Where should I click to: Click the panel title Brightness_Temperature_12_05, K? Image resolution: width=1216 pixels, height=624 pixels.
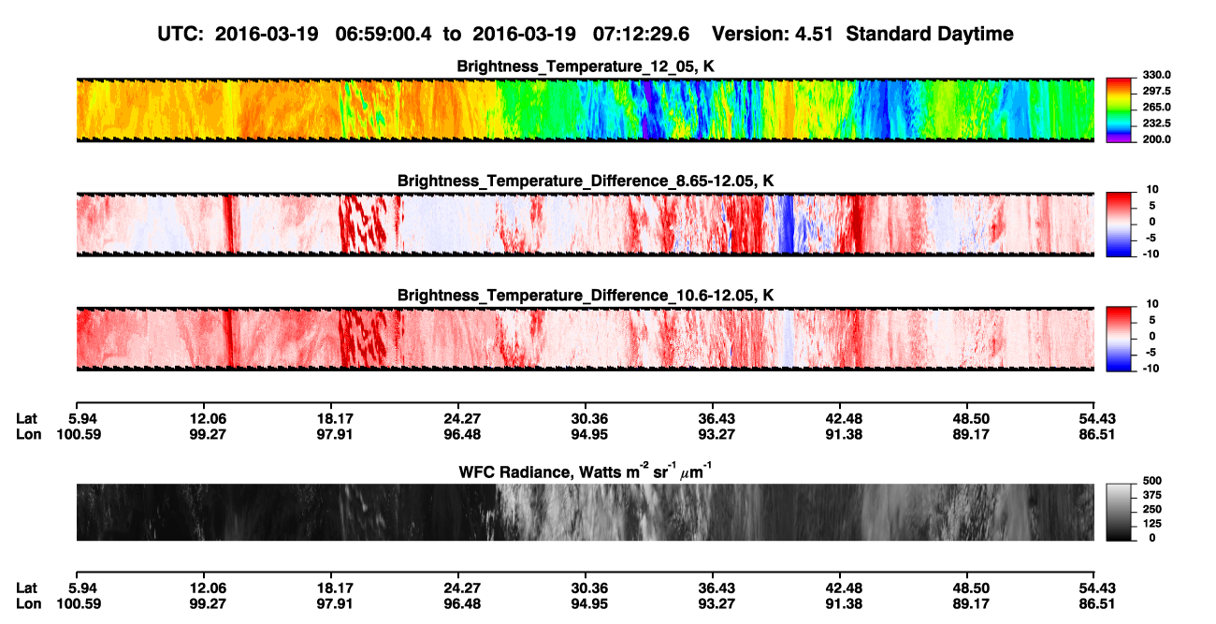click(x=586, y=66)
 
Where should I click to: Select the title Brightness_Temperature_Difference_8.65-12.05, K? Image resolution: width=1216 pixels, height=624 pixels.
click(x=586, y=181)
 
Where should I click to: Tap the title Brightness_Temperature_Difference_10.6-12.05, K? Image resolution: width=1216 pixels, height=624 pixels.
click(x=586, y=296)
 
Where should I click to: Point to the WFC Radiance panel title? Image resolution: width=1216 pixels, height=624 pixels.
click(x=586, y=471)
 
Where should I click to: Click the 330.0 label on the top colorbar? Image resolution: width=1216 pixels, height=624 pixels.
click(x=1156, y=75)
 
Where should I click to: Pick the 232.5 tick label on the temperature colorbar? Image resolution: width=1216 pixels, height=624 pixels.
click(x=1156, y=123)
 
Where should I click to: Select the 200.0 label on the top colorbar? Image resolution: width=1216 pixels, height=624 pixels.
click(x=1156, y=139)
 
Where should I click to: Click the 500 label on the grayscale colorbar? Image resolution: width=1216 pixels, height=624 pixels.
click(x=1152, y=481)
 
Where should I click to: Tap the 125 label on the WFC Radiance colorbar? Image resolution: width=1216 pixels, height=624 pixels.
click(x=1152, y=524)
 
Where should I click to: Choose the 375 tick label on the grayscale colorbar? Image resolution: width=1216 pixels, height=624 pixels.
click(x=1152, y=495)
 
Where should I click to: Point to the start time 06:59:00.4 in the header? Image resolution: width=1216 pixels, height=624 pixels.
click(x=384, y=35)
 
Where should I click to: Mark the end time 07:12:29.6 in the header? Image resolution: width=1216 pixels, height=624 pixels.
click(x=641, y=35)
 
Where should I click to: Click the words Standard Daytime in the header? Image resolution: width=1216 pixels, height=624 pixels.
click(x=930, y=35)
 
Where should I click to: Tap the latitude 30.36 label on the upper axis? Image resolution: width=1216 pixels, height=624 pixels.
click(x=589, y=419)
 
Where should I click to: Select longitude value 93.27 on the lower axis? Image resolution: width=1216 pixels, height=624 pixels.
click(x=717, y=604)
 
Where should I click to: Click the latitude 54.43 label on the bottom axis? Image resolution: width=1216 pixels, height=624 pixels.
click(x=1097, y=588)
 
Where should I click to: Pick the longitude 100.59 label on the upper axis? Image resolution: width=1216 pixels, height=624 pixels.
click(x=79, y=434)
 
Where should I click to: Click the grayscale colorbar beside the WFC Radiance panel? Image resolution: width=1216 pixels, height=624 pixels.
click(x=1119, y=512)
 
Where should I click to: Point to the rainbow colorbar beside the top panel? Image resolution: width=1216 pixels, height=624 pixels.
click(x=1119, y=110)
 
